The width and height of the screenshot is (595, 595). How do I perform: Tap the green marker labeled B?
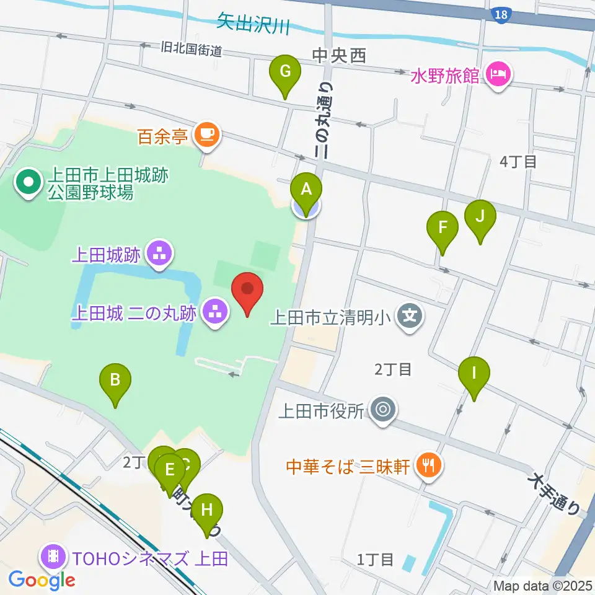[x=115, y=381]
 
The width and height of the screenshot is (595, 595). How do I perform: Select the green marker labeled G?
[x=284, y=72]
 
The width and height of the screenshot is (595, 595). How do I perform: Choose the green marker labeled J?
[x=480, y=217]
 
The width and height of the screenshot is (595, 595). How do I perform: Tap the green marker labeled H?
[x=207, y=511]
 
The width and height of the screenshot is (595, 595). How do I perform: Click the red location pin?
[x=248, y=289]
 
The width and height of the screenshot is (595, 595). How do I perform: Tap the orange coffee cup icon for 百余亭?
[x=207, y=134]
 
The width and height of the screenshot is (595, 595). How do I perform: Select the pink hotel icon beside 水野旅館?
[x=500, y=75]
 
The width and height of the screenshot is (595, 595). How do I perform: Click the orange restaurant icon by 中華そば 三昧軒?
[x=427, y=464]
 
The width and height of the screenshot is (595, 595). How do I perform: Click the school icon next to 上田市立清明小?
[x=410, y=317]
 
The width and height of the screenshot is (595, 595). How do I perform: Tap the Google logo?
[x=42, y=580]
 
